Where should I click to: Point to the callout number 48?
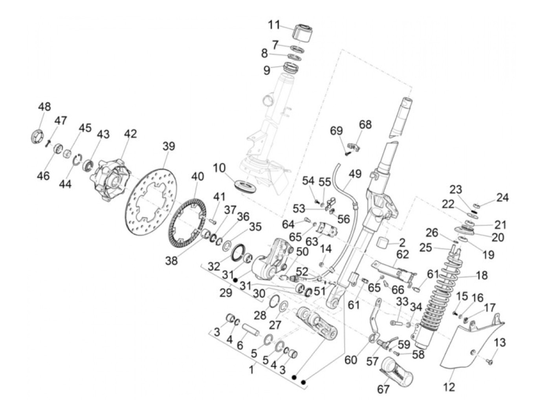click(44, 107)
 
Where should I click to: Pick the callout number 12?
click(449, 387)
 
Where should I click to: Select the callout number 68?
click(365, 125)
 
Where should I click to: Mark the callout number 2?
click(402, 242)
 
